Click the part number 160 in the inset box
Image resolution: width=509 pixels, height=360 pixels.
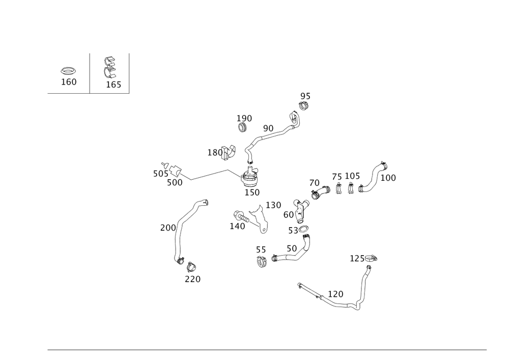click(x=70, y=82)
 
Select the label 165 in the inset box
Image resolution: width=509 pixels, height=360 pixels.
click(x=114, y=85)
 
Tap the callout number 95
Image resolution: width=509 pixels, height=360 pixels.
click(x=305, y=96)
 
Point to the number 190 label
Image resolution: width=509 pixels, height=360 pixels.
click(x=244, y=118)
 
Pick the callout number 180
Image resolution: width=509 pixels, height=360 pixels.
click(x=216, y=153)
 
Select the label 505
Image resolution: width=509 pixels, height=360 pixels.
click(x=160, y=174)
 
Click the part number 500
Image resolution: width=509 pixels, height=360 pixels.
click(x=175, y=182)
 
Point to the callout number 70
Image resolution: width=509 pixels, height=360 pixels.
click(x=315, y=183)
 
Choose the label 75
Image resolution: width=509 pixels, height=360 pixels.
click(x=336, y=177)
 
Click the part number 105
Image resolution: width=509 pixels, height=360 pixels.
click(x=352, y=176)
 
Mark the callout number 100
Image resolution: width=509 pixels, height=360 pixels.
click(x=388, y=178)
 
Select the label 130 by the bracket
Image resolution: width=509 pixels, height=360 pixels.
click(x=273, y=205)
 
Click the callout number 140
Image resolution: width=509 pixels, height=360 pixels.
click(x=238, y=226)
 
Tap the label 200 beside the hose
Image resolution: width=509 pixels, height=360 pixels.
click(x=167, y=228)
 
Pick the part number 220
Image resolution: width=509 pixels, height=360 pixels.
click(x=192, y=279)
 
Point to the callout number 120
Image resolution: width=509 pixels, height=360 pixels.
click(x=335, y=294)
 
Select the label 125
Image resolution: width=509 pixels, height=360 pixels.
click(x=358, y=259)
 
